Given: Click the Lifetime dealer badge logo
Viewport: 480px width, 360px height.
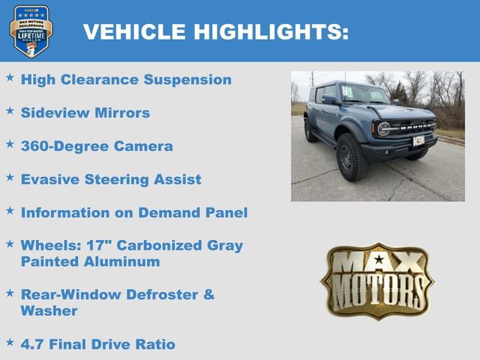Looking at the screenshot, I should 31,31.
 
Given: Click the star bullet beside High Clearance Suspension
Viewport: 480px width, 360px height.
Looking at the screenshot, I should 10,78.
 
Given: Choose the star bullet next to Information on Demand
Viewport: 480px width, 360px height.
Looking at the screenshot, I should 10,211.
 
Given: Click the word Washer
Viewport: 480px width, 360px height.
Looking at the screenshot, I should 49,310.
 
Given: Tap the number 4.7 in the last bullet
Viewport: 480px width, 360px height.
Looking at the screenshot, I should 33,344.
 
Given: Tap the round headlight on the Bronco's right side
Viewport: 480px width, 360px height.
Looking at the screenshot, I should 384,129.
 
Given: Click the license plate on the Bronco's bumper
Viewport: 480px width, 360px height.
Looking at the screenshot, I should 418,140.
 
